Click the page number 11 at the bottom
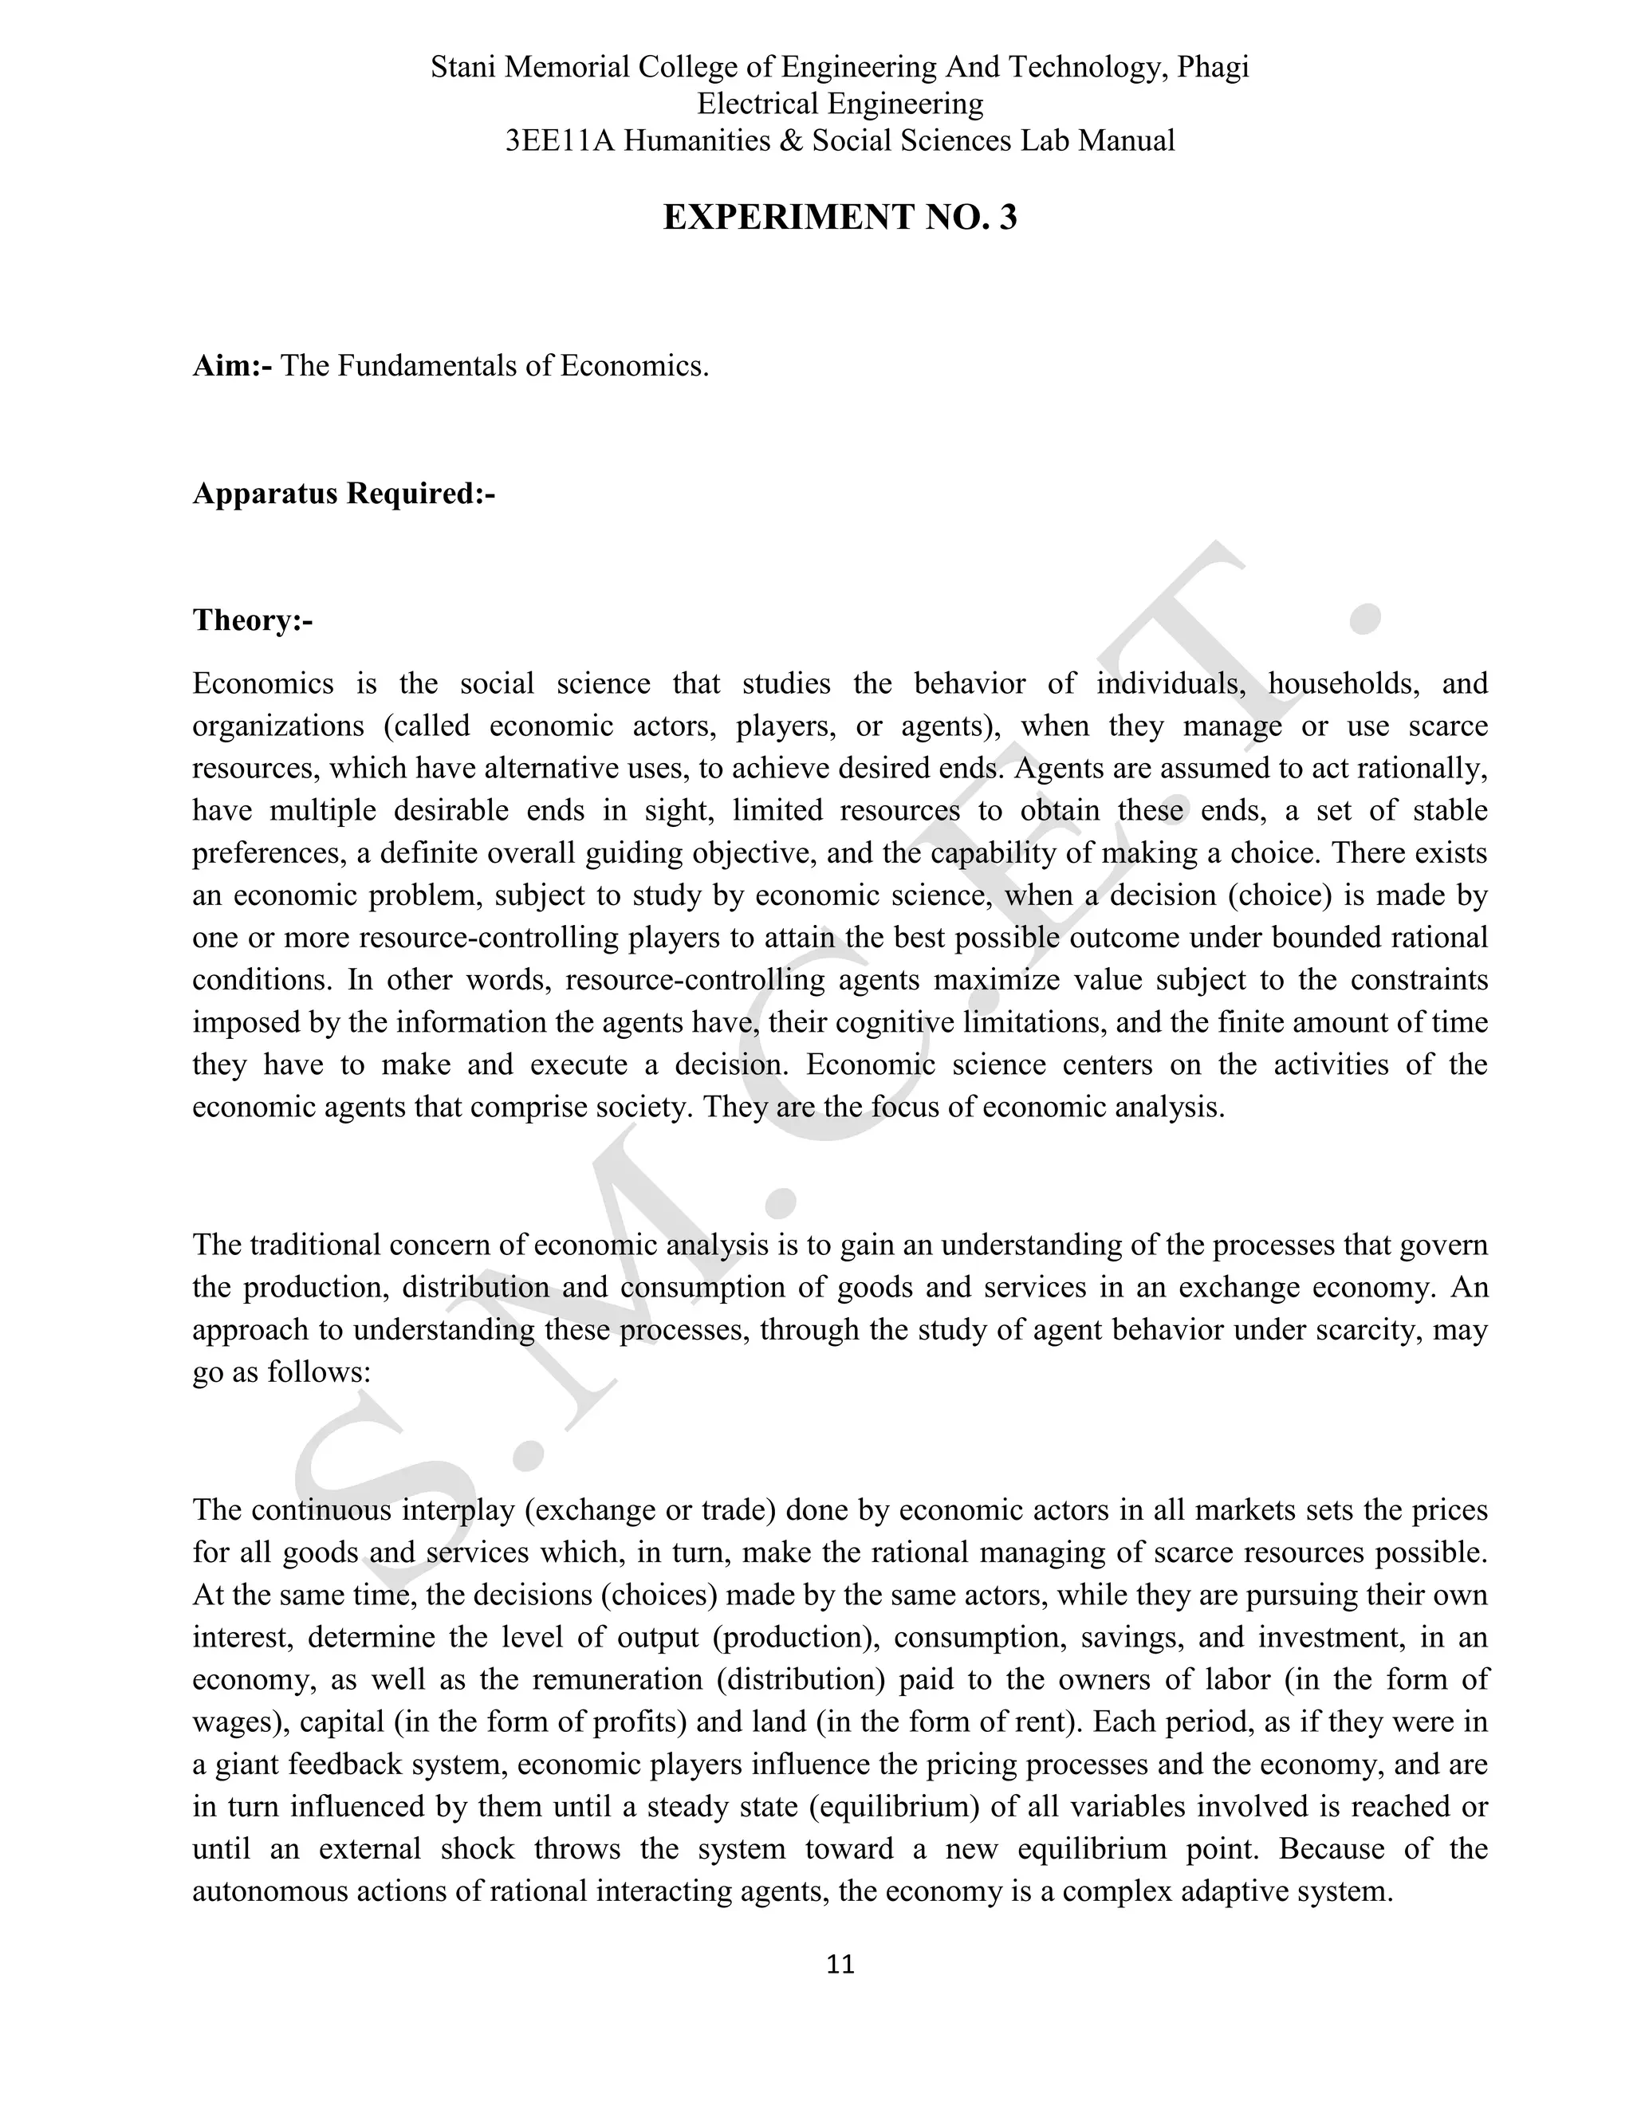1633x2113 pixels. coord(840,1964)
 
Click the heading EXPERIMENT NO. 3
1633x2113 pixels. coord(840,218)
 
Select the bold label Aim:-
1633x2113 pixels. coord(232,367)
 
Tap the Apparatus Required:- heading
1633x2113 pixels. coord(344,494)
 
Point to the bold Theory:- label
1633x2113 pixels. coord(253,620)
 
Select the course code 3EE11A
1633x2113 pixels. coord(559,141)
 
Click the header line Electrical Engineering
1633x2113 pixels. coord(840,104)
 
